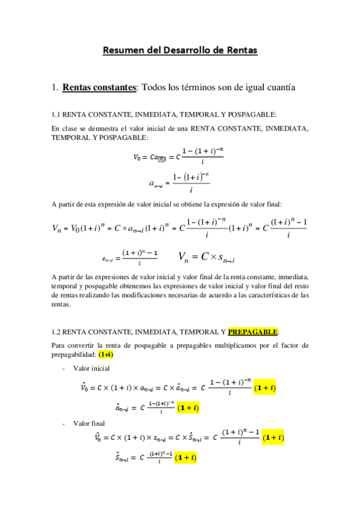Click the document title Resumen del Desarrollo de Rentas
(x=180, y=51)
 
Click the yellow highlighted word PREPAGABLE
(x=252, y=331)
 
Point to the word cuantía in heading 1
(x=279, y=88)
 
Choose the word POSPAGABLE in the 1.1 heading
(x=255, y=114)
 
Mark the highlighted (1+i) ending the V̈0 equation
(x=265, y=388)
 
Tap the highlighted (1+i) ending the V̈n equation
(x=273, y=437)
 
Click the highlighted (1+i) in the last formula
(x=186, y=458)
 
